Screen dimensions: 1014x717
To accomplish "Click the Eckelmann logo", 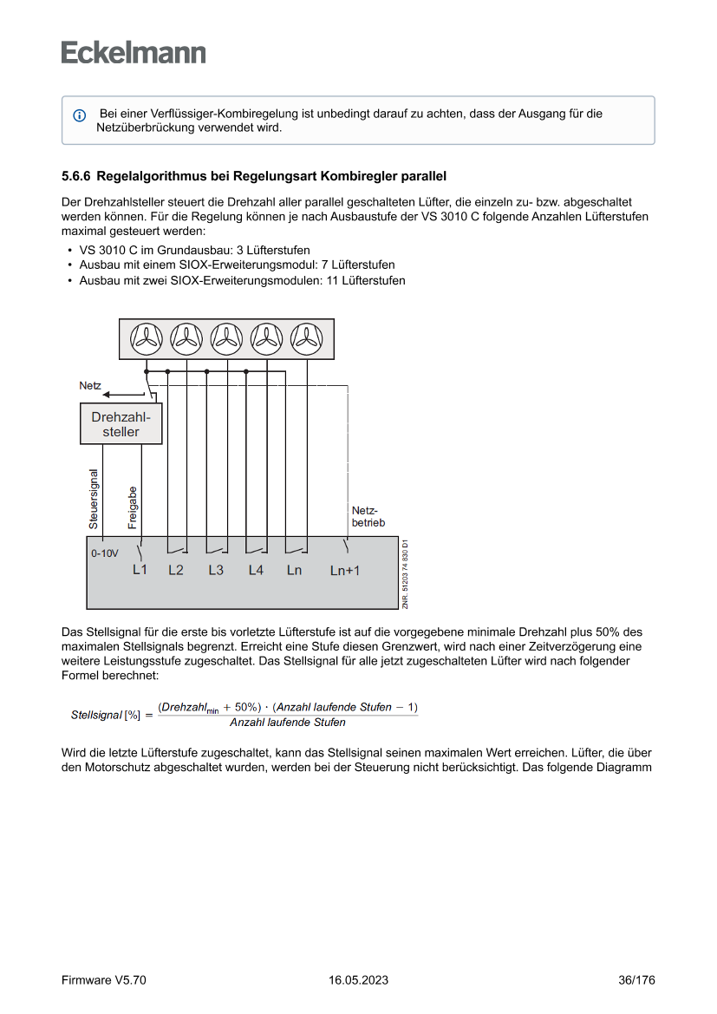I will tap(134, 52).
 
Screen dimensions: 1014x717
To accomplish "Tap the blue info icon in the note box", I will tap(79, 115).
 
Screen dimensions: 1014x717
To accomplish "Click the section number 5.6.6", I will tap(76, 177).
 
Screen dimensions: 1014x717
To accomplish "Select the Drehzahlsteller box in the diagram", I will tap(121, 424).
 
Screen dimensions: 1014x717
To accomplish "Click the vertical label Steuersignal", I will tap(94, 498).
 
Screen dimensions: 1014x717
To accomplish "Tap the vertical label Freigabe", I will tap(133, 507).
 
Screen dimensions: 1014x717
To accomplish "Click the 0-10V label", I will tap(104, 553).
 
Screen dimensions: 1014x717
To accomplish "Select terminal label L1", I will tap(140, 570).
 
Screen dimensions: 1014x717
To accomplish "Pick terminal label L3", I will tap(216, 570).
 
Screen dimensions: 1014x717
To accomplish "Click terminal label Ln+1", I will tap(344, 571).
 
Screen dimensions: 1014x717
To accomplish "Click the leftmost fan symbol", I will tap(147, 339).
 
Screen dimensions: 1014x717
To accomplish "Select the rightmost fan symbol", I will tap(306, 339).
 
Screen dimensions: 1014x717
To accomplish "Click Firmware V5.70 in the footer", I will tap(104, 980).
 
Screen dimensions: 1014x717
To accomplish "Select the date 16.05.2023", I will tap(358, 980).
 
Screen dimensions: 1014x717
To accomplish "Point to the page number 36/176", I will tap(636, 980).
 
